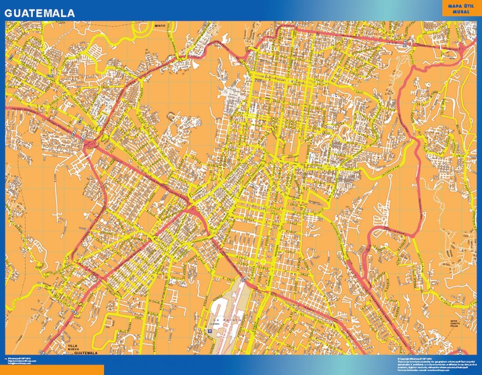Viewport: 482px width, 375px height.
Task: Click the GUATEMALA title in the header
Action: click(40, 14)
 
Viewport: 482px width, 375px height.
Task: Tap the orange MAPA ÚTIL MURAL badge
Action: click(461, 8)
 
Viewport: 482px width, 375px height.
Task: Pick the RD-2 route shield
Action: click(50, 75)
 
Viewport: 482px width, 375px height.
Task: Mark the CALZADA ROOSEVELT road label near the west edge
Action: click(21, 110)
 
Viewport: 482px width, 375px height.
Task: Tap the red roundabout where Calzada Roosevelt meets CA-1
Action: click(89, 144)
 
